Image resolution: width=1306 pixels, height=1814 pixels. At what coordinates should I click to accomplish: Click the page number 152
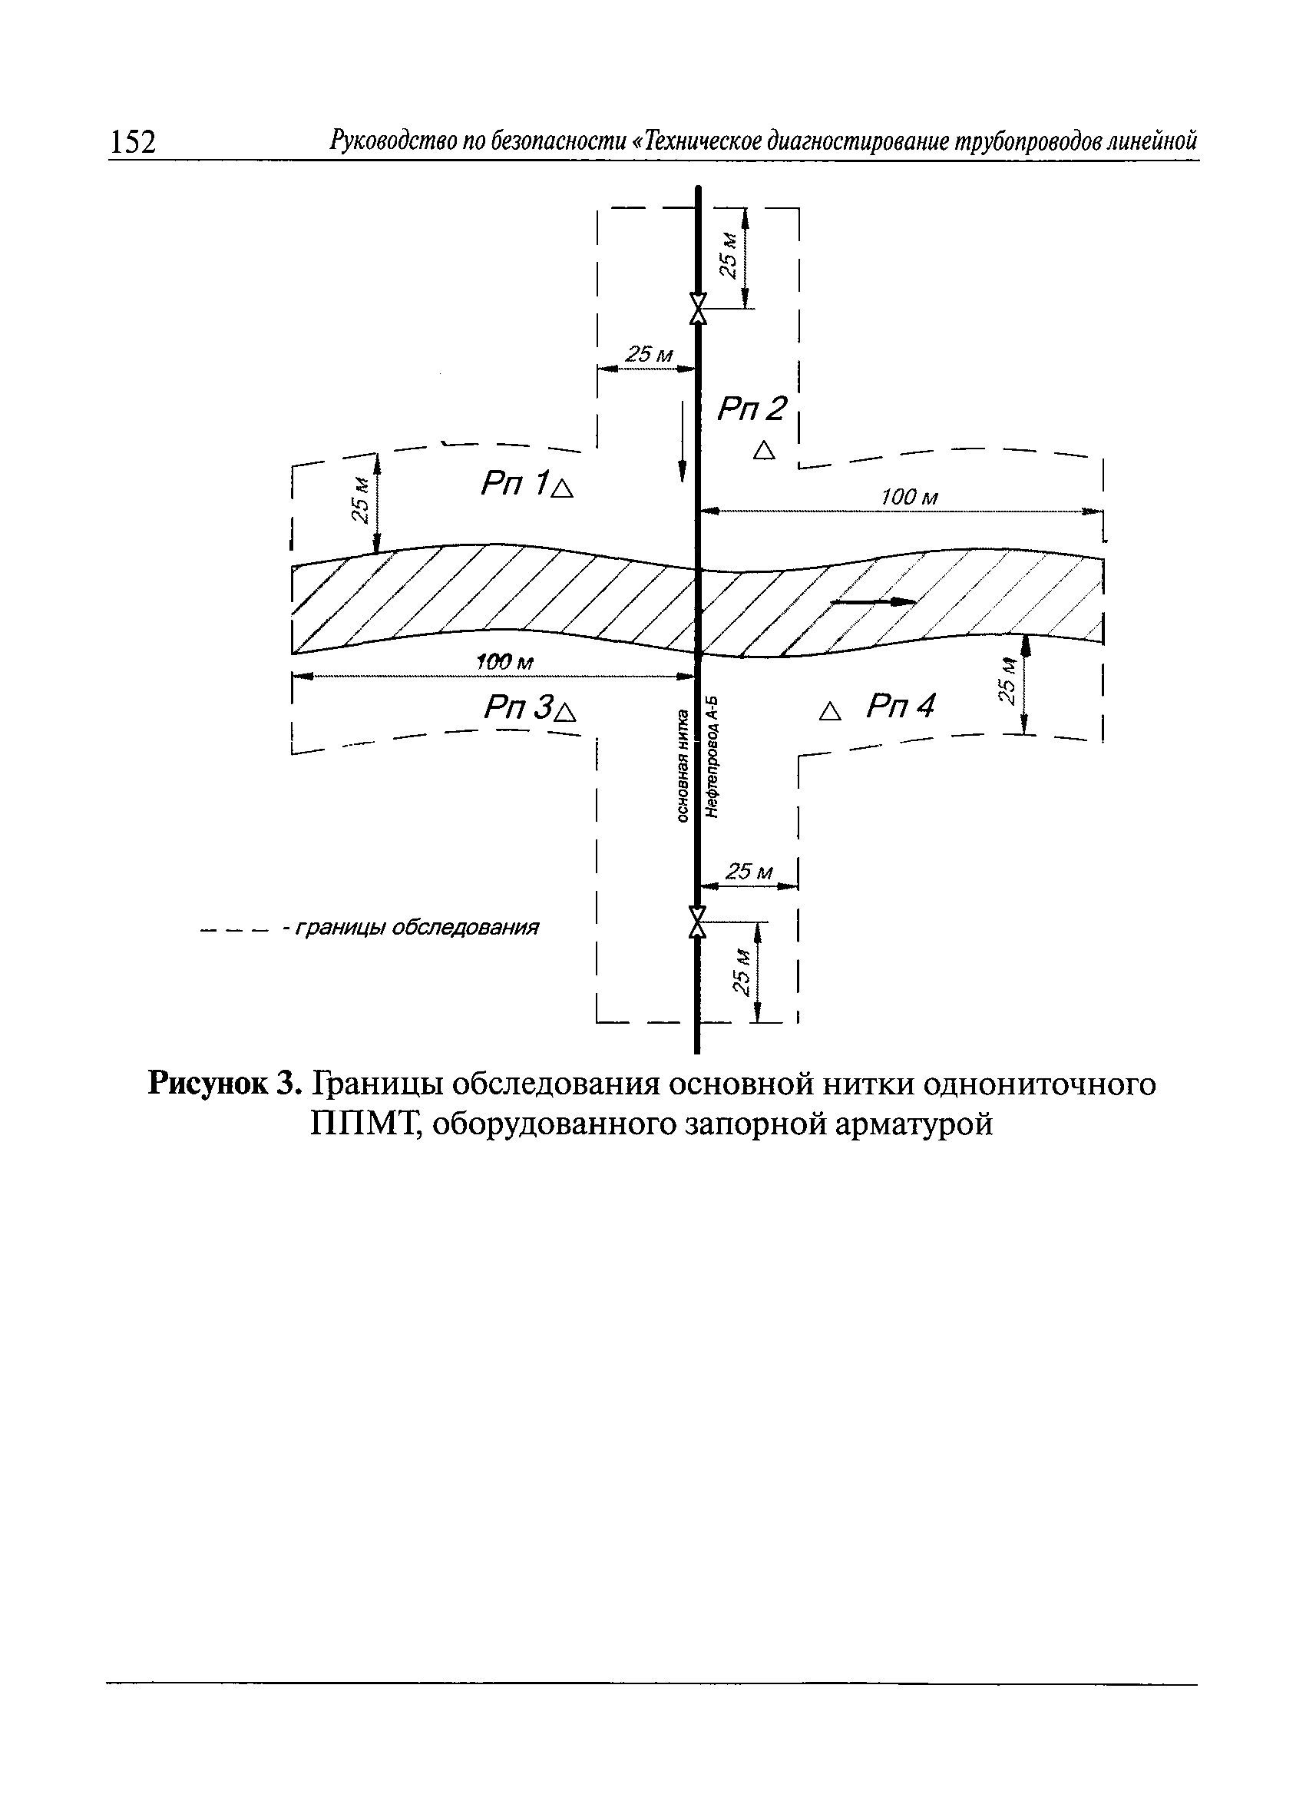tap(132, 141)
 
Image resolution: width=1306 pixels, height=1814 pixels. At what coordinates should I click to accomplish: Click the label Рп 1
tap(515, 483)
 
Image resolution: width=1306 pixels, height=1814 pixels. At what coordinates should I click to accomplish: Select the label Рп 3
tap(519, 707)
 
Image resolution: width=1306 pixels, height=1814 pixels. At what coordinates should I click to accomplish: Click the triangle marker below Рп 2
tap(765, 451)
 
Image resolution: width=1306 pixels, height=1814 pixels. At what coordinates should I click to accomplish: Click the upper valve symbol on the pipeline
tap(698, 308)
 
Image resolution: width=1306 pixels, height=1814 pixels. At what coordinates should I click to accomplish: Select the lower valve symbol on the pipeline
tap(698, 922)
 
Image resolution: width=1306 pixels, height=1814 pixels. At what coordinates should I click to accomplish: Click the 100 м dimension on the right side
tap(908, 498)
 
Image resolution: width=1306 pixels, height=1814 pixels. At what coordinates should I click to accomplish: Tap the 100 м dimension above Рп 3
tap(504, 663)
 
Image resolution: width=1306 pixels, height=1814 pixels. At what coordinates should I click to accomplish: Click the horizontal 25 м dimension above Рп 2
tap(649, 354)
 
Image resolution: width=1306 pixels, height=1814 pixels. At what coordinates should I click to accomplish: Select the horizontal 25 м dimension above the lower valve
tap(749, 872)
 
